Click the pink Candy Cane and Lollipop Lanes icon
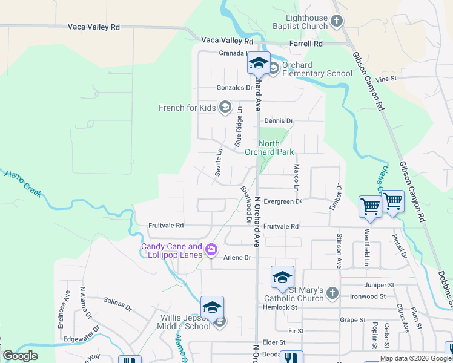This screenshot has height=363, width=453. click(x=211, y=249)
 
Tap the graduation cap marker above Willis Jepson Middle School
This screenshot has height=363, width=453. click(x=212, y=307)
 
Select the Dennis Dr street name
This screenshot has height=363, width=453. click(x=277, y=121)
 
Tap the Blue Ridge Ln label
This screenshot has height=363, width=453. click(x=239, y=127)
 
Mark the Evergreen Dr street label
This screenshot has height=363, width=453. click(x=282, y=201)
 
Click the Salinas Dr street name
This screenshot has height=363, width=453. click(x=117, y=303)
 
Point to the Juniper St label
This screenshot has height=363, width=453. click(x=379, y=284)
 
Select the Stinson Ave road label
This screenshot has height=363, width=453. click(x=339, y=251)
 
